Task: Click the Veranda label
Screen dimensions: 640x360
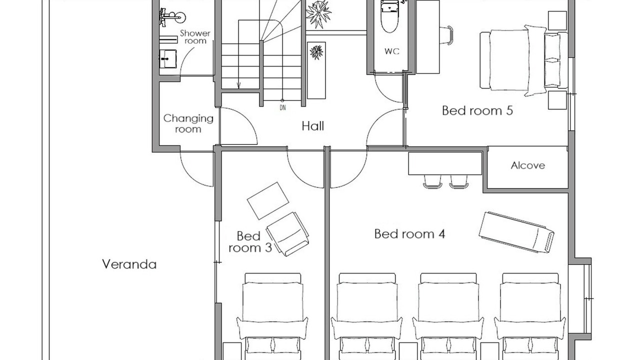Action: click(x=129, y=264)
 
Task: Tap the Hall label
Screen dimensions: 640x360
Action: click(x=313, y=126)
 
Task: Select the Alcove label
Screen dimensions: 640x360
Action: click(x=527, y=165)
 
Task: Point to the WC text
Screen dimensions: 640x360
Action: click(x=391, y=51)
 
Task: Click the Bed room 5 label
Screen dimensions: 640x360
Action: click(x=477, y=110)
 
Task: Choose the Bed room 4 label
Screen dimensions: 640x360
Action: click(x=409, y=234)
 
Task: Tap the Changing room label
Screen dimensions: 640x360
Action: click(x=188, y=123)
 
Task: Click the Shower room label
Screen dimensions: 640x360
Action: click(x=195, y=37)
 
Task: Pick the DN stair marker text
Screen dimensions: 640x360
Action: click(x=282, y=107)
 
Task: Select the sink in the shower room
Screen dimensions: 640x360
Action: click(x=167, y=59)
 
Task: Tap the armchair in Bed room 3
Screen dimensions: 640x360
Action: click(x=287, y=234)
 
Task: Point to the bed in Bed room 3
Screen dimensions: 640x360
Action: click(x=272, y=316)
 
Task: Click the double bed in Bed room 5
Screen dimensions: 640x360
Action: click(x=523, y=60)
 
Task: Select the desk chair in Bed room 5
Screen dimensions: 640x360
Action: click(x=446, y=35)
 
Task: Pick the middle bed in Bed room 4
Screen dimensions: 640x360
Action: click(x=448, y=316)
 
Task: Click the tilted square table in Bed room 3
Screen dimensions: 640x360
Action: click(x=267, y=201)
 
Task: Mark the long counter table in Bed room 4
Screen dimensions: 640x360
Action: click(x=445, y=163)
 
